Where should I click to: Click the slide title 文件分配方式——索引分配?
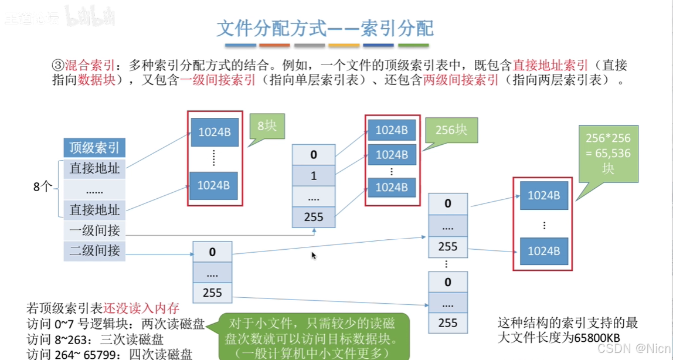coord(325,28)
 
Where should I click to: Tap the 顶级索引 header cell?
coord(94,147)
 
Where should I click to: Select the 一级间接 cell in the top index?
coord(94,230)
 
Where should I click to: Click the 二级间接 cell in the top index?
coord(94,251)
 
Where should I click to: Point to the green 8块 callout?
coord(266,125)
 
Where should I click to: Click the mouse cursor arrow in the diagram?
coord(314,255)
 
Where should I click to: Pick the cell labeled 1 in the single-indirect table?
coord(314,176)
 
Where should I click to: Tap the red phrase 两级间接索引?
coord(461,80)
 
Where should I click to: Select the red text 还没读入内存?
coord(141,308)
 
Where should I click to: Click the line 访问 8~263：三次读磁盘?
coord(96,339)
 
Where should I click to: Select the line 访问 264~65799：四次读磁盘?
coord(110,354)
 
